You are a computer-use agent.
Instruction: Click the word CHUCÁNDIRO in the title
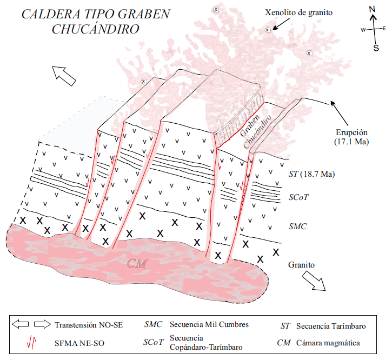click(95, 29)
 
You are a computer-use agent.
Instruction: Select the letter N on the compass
click(372, 9)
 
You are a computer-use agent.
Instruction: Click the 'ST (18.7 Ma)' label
click(310, 175)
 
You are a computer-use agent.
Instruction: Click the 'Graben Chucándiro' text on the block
click(252, 130)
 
